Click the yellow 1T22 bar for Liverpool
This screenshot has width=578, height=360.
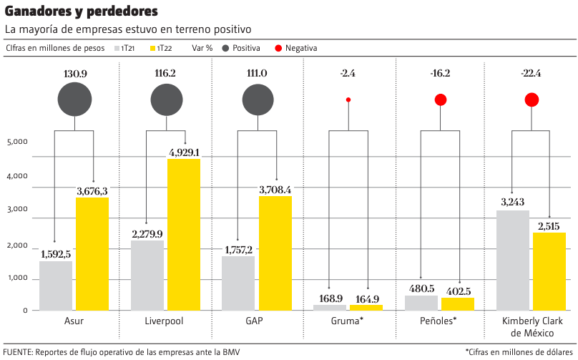(x=184, y=234)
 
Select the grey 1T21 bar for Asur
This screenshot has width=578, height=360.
(x=56, y=285)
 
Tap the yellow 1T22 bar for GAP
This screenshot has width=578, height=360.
(x=275, y=253)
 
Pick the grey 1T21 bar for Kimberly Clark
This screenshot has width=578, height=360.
(x=512, y=260)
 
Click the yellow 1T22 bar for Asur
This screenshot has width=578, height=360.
(x=92, y=253)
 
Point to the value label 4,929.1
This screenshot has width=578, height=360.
(x=185, y=152)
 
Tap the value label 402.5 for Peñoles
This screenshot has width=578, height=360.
(x=457, y=291)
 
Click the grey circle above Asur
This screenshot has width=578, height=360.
(x=74, y=99)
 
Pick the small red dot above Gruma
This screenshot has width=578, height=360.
(x=348, y=99)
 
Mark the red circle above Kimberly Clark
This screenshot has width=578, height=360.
(x=532, y=99)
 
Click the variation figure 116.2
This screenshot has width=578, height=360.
(x=165, y=74)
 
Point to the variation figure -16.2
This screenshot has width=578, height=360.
(x=440, y=74)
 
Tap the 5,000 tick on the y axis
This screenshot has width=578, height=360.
(x=17, y=142)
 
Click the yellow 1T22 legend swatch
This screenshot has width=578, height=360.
(x=152, y=48)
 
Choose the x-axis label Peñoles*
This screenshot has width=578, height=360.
(x=439, y=321)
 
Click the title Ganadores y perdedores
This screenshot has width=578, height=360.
(x=82, y=12)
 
